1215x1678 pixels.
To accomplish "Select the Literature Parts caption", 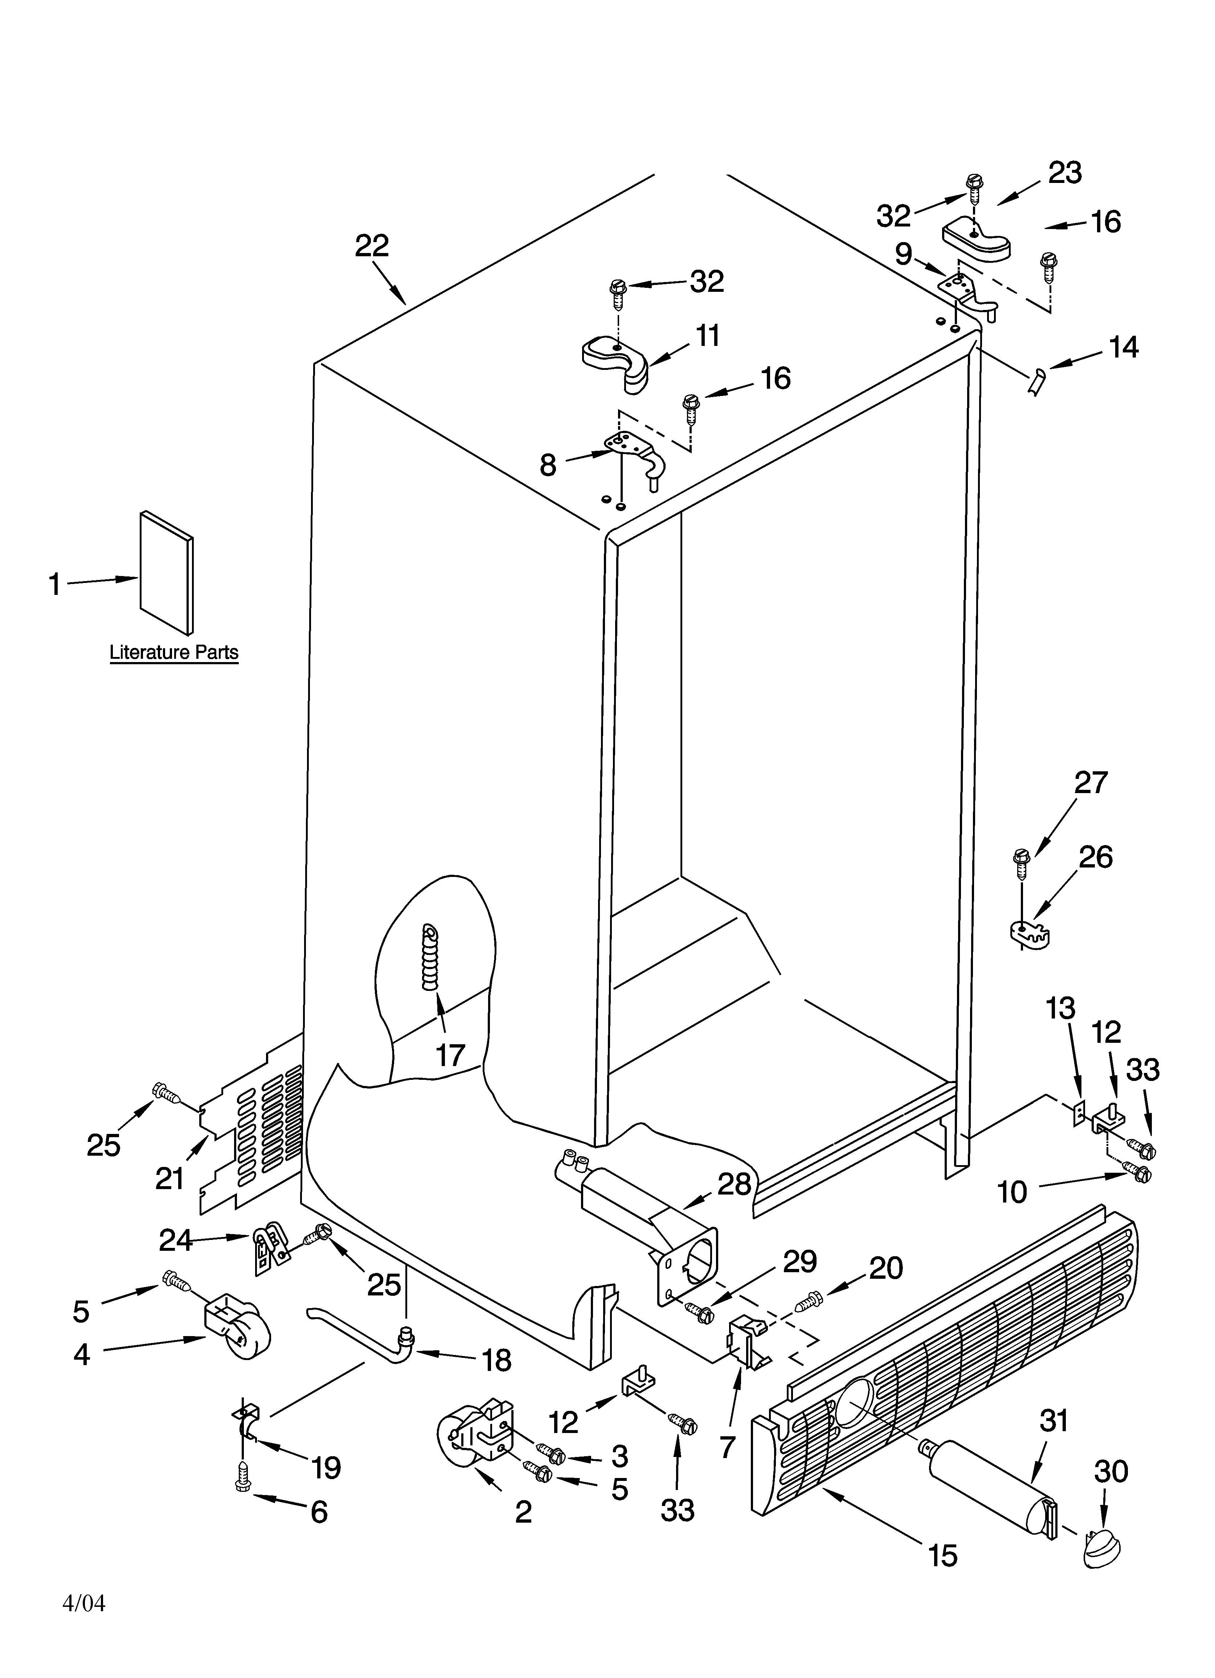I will (174, 653).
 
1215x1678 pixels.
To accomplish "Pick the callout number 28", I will (734, 1184).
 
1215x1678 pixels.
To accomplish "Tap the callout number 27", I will (1091, 783).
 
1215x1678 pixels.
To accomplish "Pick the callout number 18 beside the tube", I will (496, 1360).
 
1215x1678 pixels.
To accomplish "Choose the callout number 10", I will (1012, 1192).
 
